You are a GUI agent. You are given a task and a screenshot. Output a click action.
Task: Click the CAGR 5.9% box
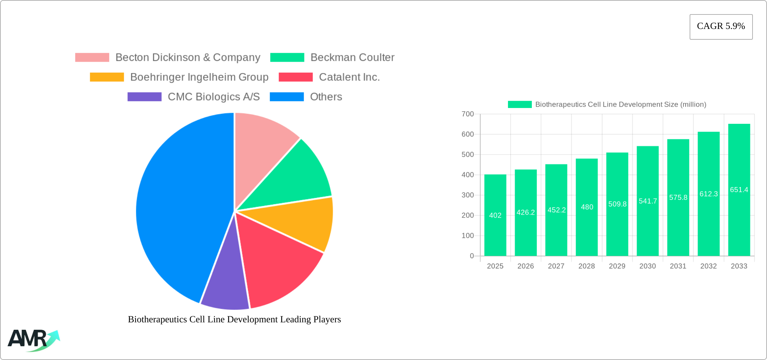(721, 27)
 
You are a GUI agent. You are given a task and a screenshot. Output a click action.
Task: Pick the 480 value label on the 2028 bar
(587, 207)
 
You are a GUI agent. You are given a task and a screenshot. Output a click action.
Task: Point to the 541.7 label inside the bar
(648, 201)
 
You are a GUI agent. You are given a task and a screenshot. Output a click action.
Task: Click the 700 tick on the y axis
(468, 114)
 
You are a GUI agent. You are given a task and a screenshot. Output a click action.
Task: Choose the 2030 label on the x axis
(648, 266)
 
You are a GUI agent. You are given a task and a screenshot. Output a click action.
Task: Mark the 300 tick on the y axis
(468, 195)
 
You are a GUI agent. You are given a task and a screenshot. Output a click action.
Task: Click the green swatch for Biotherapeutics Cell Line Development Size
(519, 104)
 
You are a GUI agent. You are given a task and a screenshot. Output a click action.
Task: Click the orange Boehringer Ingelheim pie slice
(303, 222)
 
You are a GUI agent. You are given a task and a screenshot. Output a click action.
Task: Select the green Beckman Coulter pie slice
(296, 178)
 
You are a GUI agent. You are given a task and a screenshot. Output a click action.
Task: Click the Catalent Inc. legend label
(349, 77)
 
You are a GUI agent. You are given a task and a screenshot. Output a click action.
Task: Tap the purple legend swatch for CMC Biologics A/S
(144, 97)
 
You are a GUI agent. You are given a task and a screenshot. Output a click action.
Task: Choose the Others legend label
(326, 97)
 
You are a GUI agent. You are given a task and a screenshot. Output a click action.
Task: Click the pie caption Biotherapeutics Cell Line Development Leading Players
(234, 319)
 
